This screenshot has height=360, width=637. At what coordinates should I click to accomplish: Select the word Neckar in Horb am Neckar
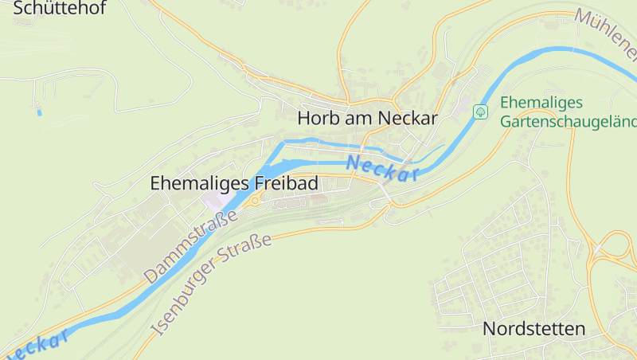pos(408,118)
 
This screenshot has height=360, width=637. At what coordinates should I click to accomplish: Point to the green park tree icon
pos(480,112)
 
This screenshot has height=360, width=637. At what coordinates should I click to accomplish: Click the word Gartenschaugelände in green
pos(569,122)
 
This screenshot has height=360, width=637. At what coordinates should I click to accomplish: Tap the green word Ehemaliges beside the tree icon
pos(541,103)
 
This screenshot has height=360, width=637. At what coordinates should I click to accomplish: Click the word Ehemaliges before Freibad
pos(200,183)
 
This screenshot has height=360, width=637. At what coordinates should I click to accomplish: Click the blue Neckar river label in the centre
pos(383,168)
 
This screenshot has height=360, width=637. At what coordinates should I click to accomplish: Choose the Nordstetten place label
pos(533,328)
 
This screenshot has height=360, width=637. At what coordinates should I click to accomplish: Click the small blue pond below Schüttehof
pos(39,112)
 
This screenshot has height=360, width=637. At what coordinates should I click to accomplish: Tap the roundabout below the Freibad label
pos(255,201)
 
